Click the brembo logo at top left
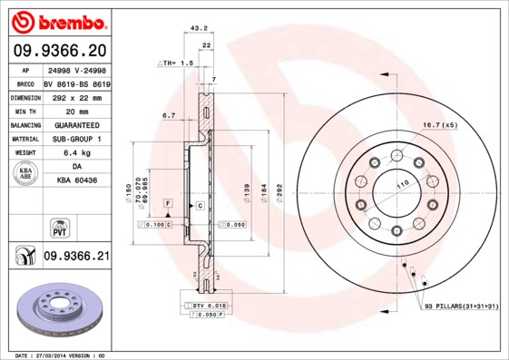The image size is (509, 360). (57, 20)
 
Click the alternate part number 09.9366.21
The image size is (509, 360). (76, 257)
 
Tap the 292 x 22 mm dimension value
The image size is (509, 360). (76, 96)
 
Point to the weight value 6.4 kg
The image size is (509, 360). (76, 153)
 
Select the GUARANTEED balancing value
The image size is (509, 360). (76, 125)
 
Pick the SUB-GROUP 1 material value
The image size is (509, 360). (76, 139)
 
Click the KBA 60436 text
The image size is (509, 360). (76, 182)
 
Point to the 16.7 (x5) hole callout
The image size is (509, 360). (439, 123)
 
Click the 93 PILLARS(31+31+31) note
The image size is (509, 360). (461, 307)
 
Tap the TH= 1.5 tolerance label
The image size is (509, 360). (176, 63)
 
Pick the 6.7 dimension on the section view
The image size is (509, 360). (168, 116)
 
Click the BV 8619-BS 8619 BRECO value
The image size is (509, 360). (76, 83)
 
